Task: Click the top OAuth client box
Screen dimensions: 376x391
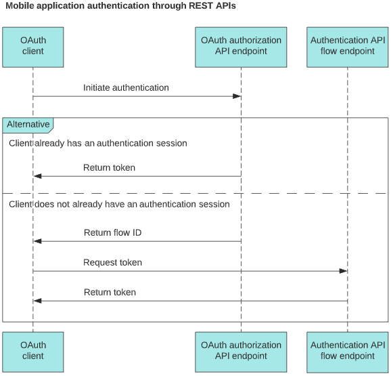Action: [x=32, y=46]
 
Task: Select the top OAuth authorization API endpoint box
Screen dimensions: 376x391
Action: [x=241, y=46]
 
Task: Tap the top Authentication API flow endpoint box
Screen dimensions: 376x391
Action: [x=347, y=46]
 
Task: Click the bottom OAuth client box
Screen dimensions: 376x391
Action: [x=32, y=351]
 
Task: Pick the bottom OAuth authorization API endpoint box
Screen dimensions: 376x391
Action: [x=241, y=351]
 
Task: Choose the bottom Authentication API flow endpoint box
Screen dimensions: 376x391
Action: [x=347, y=351]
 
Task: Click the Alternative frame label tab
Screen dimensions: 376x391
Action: [x=28, y=125]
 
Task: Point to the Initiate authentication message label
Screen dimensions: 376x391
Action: [x=126, y=88]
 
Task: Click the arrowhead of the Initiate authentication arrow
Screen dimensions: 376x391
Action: [x=237, y=96]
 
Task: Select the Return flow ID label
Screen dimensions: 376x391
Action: [x=112, y=233]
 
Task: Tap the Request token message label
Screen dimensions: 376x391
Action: [x=112, y=263]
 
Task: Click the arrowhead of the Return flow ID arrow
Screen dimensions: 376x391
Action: [x=38, y=241]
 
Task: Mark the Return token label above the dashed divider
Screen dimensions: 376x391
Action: [x=109, y=168]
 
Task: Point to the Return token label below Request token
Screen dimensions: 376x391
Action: [x=110, y=293]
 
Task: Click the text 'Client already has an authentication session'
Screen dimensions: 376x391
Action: [x=98, y=144]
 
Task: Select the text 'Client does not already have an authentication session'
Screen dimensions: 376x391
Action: [x=119, y=204]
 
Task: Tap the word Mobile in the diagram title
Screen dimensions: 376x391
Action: [x=20, y=6]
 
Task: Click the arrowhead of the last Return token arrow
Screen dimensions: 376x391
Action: [x=38, y=301]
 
